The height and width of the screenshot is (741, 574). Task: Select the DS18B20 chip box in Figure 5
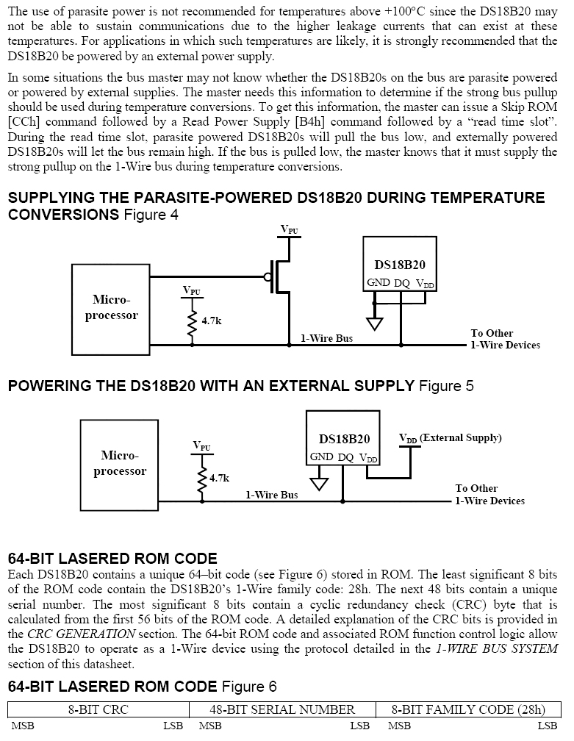point(343,438)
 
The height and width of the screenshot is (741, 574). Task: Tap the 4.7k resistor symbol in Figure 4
point(193,321)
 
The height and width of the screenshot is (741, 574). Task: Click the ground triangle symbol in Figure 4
point(375,323)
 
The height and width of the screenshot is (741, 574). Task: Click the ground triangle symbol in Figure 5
point(318,484)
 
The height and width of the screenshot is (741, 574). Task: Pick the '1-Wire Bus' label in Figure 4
point(326,339)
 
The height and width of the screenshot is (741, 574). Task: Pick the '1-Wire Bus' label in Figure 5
point(271,495)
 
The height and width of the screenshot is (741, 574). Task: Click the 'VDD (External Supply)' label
point(450,438)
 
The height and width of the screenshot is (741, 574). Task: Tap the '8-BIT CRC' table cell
point(98,709)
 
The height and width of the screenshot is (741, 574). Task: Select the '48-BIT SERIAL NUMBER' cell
point(282,709)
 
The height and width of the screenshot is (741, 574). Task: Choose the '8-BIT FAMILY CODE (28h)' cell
point(468,709)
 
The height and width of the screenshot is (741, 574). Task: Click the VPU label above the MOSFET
point(290,229)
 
